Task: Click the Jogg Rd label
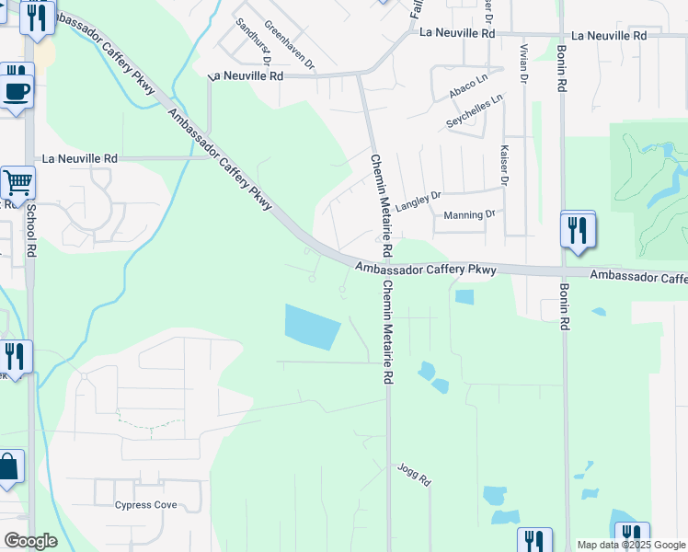point(414,475)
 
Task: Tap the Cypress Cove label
point(145,505)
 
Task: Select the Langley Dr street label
point(419,201)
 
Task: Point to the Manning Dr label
point(469,214)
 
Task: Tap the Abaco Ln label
point(468,89)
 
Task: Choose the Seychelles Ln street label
point(476,110)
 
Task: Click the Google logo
point(30,541)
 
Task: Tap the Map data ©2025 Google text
point(631,545)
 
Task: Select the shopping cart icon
point(17,184)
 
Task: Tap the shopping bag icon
point(8,467)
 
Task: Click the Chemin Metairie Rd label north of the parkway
point(382,204)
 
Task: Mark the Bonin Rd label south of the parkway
point(564,314)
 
